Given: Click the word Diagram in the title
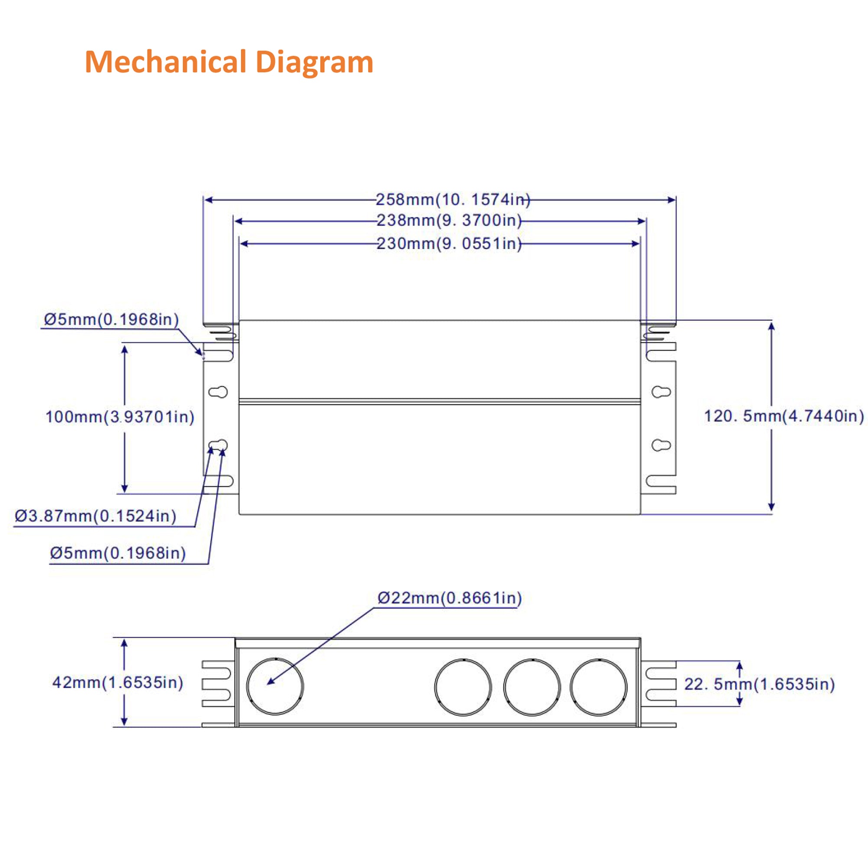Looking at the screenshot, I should pos(315,62).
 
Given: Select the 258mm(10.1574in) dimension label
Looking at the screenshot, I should pos(452,200).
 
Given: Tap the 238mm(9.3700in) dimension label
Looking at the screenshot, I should pos(449,220).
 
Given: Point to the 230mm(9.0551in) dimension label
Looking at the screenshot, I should pos(449,243).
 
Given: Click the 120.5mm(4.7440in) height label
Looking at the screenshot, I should pos(783,416).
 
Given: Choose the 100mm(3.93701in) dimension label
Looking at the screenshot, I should pos(119,417).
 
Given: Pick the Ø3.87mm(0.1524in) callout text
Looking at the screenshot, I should pos(95,516).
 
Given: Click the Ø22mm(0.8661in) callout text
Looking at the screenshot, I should pos(449,598).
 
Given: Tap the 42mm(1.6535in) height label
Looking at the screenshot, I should pos(118,682).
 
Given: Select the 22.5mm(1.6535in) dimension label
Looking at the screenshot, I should pos(759,684).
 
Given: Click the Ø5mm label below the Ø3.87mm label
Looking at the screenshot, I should pos(118,553).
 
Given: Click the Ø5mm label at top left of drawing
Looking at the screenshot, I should pos(111,319).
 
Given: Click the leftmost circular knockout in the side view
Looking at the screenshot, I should pos(275,686).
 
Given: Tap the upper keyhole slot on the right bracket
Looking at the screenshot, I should pos(661,392).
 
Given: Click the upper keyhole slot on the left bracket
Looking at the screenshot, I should pos(218,392).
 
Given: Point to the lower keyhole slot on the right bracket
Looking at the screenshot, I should pos(661,445).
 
